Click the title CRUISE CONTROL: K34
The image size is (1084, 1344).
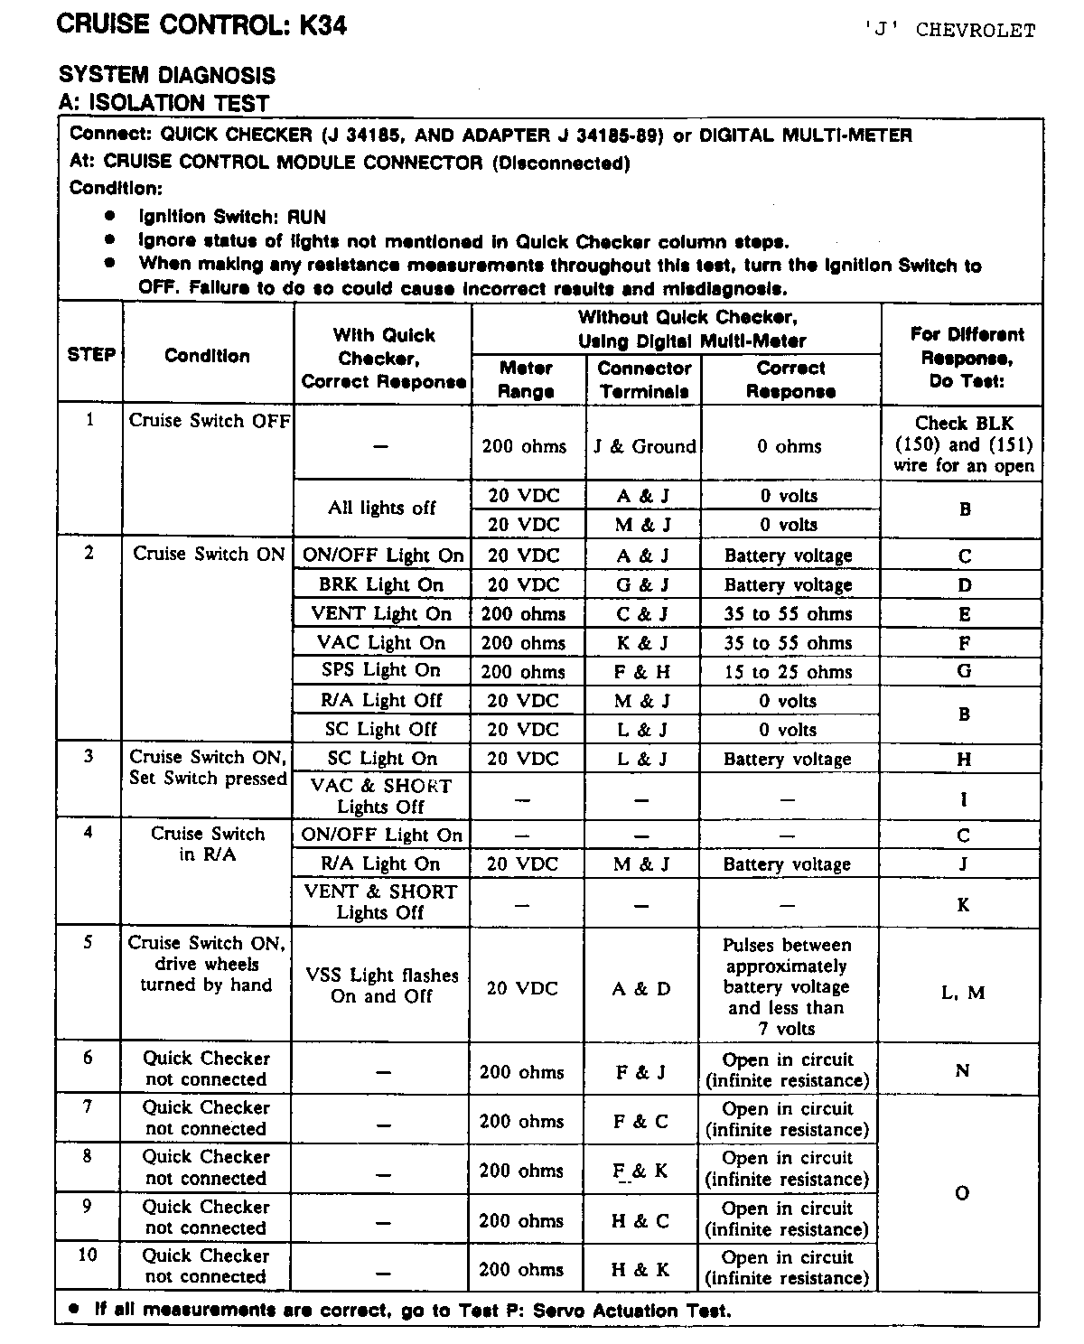click(x=201, y=24)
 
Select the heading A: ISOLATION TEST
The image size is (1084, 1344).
click(x=164, y=102)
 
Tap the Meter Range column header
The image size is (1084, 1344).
click(x=526, y=379)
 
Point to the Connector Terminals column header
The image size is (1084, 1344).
click(x=644, y=379)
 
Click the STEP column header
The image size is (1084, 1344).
click(x=91, y=355)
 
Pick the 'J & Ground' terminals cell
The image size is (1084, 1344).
click(x=644, y=446)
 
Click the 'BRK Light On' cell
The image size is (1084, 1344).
click(x=381, y=584)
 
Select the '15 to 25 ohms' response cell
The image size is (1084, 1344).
click(x=789, y=672)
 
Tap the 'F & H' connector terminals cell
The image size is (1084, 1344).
click(x=643, y=672)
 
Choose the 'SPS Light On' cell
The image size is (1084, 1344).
click(x=381, y=670)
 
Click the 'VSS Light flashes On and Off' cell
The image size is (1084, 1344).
click(x=381, y=985)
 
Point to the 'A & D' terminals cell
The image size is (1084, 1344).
click(x=641, y=988)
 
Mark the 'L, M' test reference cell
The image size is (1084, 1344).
click(x=963, y=993)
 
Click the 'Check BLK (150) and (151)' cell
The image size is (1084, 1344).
click(x=964, y=444)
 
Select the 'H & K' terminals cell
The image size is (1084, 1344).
click(x=640, y=1269)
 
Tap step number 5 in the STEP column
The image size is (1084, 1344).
click(x=89, y=942)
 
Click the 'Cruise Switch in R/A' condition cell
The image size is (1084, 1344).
click(x=208, y=844)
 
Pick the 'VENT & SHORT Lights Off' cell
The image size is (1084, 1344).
click(x=381, y=901)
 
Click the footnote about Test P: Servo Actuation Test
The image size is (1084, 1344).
click(x=411, y=1311)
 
